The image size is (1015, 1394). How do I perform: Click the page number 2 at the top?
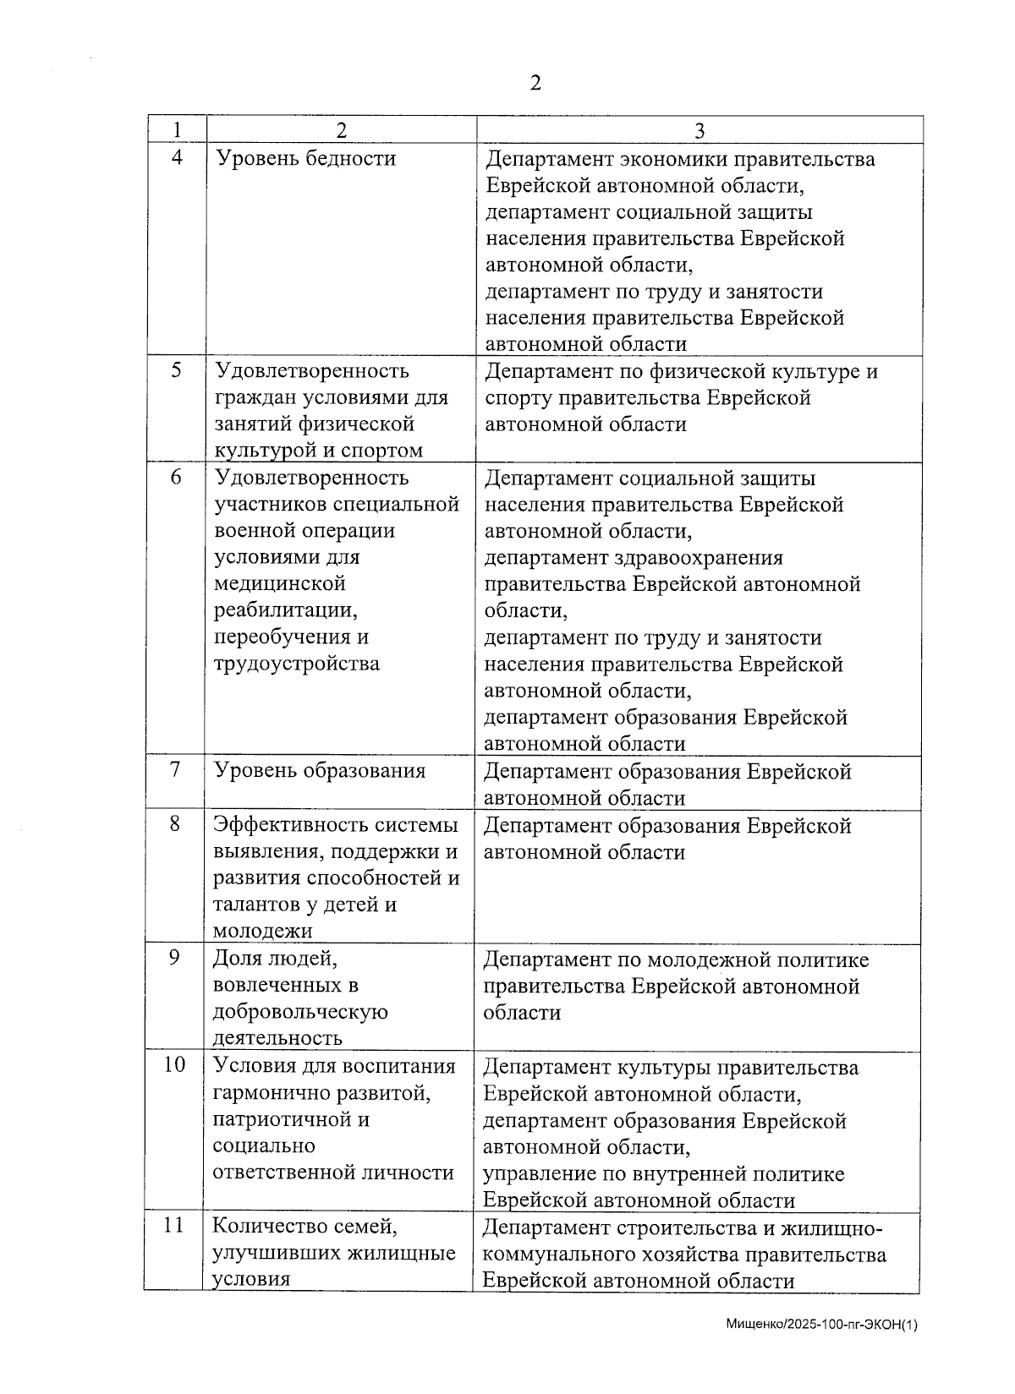tap(535, 83)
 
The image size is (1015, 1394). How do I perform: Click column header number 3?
tap(700, 130)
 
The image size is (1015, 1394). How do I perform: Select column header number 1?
tap(176, 130)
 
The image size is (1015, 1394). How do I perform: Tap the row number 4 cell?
tap(176, 158)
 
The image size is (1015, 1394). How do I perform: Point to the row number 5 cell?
tap(176, 370)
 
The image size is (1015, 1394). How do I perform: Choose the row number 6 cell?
tap(176, 477)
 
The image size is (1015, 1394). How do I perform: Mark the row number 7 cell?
tap(175, 770)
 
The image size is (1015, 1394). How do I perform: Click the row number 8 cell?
tap(175, 823)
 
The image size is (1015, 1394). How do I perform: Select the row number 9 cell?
tap(175, 958)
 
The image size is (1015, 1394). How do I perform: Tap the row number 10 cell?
tap(174, 1064)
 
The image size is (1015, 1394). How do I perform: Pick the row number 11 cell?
tap(173, 1224)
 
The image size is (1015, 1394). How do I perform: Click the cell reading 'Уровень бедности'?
tap(306, 159)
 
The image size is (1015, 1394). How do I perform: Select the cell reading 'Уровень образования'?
tap(319, 771)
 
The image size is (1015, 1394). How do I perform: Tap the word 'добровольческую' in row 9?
tap(300, 1012)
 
